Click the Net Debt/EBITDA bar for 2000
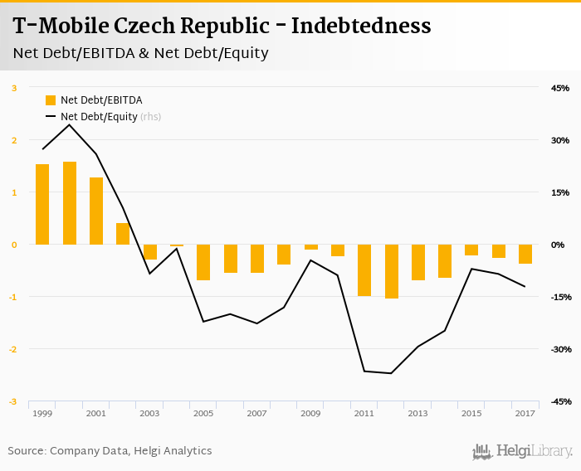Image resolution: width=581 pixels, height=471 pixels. click(x=70, y=203)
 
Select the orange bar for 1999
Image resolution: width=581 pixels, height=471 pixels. click(x=42, y=204)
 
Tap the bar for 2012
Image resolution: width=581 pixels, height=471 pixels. click(x=392, y=271)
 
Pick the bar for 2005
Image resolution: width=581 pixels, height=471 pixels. click(x=203, y=262)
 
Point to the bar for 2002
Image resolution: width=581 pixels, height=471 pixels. click(x=123, y=234)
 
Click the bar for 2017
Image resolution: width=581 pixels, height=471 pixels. click(x=525, y=254)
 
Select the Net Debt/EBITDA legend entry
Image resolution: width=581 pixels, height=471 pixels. click(x=93, y=100)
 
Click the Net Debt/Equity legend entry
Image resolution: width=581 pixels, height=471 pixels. click(x=98, y=117)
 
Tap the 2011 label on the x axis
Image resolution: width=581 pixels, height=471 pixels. click(x=364, y=413)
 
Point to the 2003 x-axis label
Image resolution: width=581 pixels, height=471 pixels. click(x=149, y=413)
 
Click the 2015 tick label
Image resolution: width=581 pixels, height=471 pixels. click(x=471, y=413)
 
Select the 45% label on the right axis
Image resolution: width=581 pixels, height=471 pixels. click(x=559, y=88)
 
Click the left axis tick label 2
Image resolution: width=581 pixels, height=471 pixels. click(x=14, y=140)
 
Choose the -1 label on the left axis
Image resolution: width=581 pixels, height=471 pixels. click(x=12, y=297)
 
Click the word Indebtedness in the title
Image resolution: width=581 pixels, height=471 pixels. click(x=361, y=27)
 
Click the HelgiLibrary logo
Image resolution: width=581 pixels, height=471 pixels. click(x=523, y=451)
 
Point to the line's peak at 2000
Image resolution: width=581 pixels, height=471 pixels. click(x=70, y=125)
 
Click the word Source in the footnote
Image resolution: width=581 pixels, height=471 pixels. click(x=27, y=451)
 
